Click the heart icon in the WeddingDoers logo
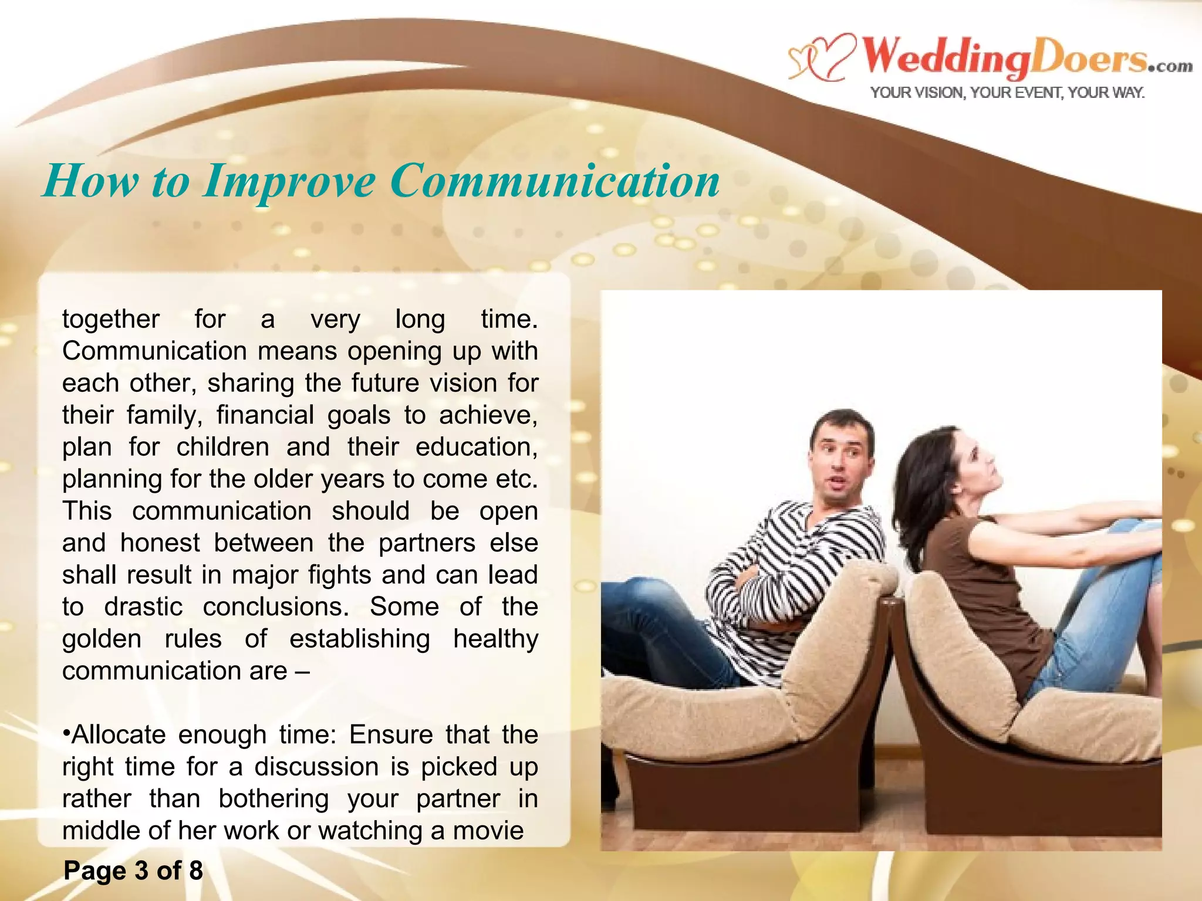[822, 57]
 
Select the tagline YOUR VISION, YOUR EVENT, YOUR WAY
[1007, 93]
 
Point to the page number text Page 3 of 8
[133, 870]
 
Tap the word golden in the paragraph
[102, 639]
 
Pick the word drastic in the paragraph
[143, 607]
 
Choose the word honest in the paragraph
[160, 543]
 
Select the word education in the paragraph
[476, 447]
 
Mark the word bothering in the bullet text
[274, 798]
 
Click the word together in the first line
[111, 319]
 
